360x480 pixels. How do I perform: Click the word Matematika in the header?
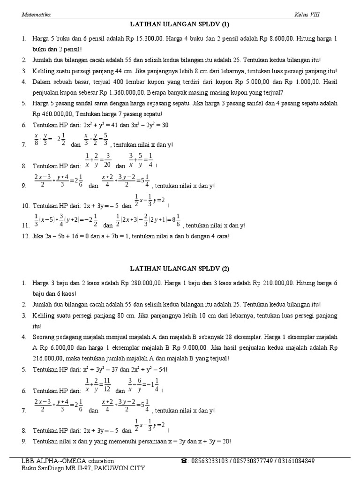[36, 15]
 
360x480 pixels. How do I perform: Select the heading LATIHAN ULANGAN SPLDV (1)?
[180, 24]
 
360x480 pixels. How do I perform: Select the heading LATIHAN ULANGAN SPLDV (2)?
[180, 269]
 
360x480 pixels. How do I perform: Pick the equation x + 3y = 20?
[214, 442]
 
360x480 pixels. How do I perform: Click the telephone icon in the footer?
[183, 461]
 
